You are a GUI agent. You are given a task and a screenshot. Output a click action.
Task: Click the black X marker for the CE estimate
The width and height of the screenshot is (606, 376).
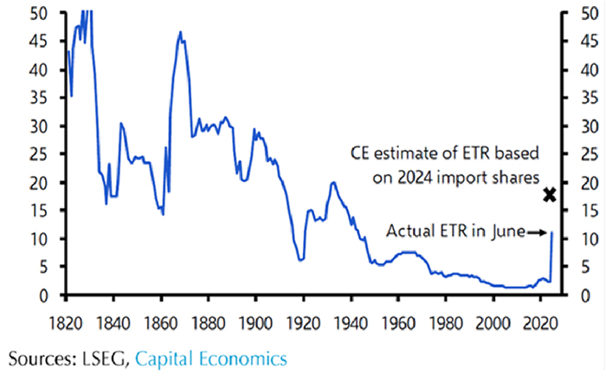[x=549, y=195]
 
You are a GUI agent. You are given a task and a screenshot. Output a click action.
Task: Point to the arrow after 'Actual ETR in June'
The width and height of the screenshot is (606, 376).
[x=538, y=232]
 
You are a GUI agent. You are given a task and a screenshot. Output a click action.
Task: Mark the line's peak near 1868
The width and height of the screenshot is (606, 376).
[x=180, y=32]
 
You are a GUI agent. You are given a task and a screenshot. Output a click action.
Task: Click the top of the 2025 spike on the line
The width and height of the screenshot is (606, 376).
[x=551, y=232]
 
